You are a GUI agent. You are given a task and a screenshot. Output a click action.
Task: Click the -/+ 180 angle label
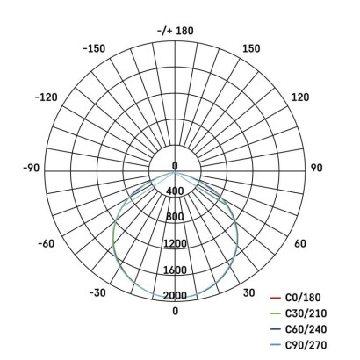(175, 31)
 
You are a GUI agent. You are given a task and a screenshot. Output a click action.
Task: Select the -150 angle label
(93, 48)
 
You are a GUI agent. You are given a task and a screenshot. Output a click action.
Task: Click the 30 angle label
(248, 292)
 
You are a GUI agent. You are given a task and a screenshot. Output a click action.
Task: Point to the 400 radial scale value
(175, 191)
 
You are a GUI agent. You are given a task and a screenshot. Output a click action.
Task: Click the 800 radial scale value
(175, 217)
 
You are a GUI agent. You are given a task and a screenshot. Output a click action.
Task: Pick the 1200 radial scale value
(175, 243)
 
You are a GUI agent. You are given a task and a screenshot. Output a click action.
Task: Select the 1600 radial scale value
(175, 270)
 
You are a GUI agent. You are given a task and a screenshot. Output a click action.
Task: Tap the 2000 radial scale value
(175, 295)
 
